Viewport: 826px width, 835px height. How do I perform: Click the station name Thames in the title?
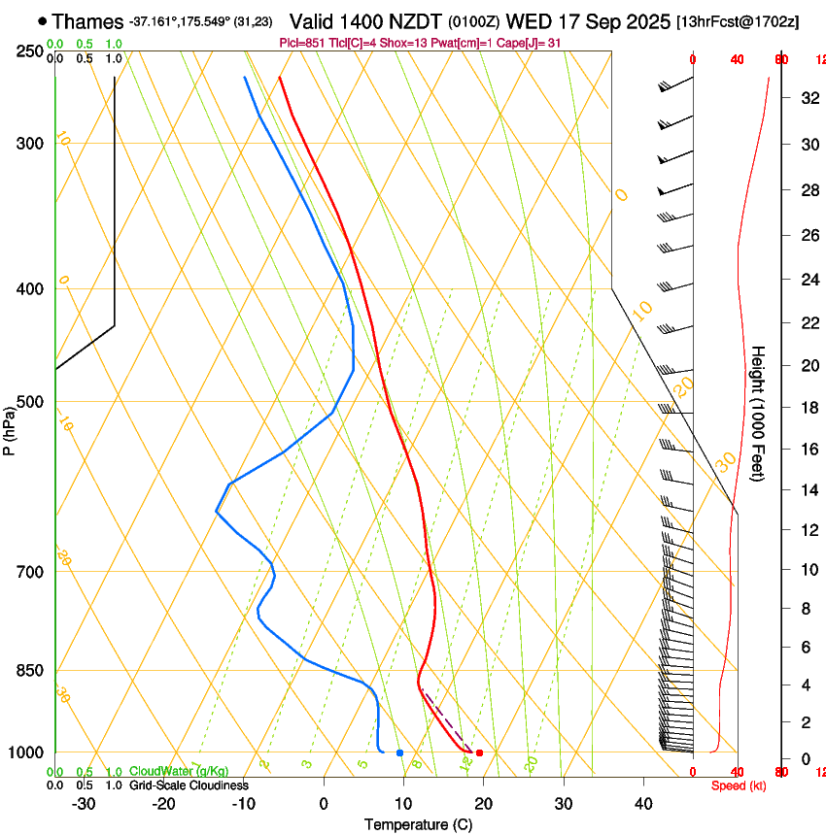(x=87, y=20)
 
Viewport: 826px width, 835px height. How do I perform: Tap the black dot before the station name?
(x=42, y=20)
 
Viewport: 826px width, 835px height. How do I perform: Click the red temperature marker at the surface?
(x=479, y=752)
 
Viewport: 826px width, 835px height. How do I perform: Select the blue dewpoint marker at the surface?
(x=399, y=752)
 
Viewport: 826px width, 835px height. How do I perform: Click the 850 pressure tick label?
(x=29, y=671)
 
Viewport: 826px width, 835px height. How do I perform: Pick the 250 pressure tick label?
(x=29, y=51)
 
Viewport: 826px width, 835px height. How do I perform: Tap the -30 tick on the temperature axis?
(x=84, y=804)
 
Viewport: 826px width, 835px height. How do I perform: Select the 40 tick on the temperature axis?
(x=643, y=804)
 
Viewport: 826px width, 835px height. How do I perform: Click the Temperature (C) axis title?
(x=418, y=824)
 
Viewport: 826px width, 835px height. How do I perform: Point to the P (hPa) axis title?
(x=9, y=428)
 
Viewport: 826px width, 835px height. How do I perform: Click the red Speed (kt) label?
(x=738, y=785)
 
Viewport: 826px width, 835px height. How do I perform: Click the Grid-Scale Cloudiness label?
(x=189, y=785)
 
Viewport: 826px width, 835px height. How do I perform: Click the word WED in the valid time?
(x=526, y=20)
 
